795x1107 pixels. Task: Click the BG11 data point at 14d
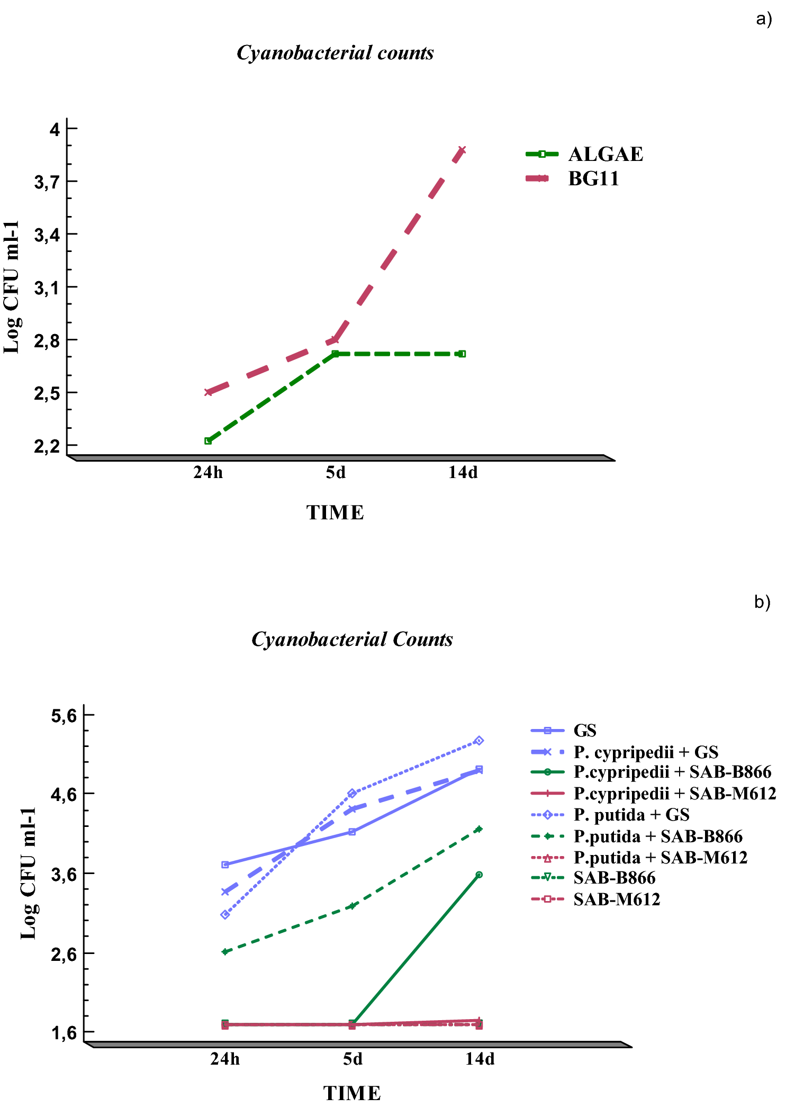[x=463, y=150]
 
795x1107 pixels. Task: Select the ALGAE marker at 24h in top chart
[x=208, y=440]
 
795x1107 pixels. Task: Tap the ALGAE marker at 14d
[x=463, y=354]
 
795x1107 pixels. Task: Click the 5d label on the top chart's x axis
[x=336, y=472]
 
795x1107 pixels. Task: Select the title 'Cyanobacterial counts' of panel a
[x=335, y=53]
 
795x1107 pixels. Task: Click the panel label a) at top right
[x=764, y=19]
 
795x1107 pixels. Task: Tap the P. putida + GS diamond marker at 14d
[x=479, y=741]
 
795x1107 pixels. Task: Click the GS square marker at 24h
[x=225, y=865]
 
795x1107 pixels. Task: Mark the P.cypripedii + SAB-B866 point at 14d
[x=479, y=875]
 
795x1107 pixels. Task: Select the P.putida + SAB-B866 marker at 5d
[x=352, y=906]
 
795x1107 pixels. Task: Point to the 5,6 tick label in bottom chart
[x=64, y=716]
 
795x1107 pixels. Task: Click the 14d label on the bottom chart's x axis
[x=480, y=1058]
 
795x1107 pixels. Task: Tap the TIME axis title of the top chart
[x=335, y=512]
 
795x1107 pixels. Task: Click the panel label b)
[x=762, y=602]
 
